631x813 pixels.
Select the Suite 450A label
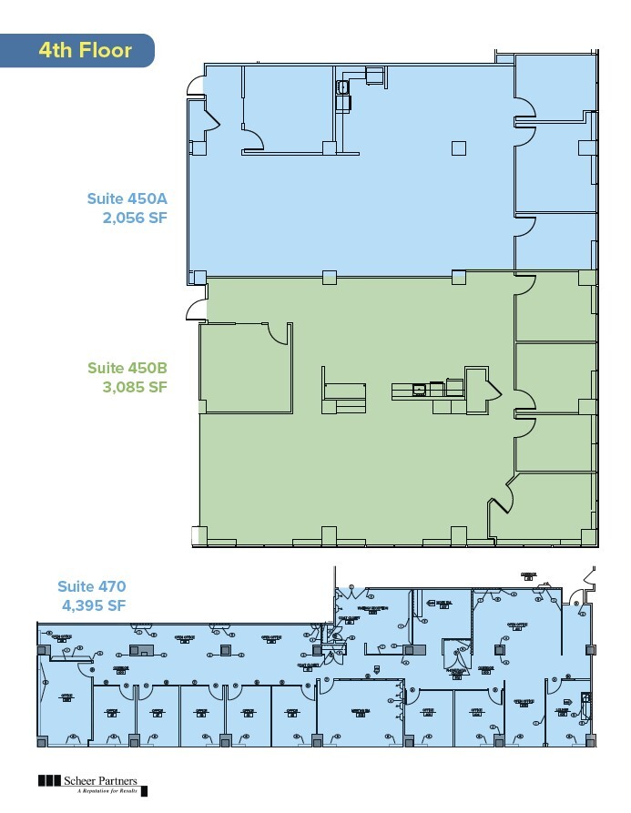pos(127,198)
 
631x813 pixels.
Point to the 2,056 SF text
pos(136,218)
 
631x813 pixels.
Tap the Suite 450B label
pos(127,368)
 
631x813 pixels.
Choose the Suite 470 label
pos(91,586)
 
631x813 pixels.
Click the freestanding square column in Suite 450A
pos(459,148)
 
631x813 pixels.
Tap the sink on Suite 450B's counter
pos(420,390)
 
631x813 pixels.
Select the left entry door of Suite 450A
pos(194,86)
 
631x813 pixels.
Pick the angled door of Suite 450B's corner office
pos(502,496)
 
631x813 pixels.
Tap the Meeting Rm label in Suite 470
pos(360,711)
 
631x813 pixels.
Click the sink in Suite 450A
pos(343,88)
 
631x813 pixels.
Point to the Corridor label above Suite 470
pos(527,574)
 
